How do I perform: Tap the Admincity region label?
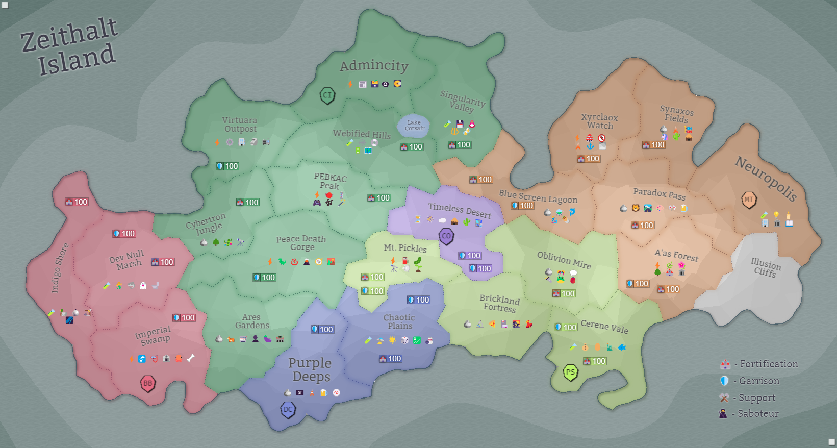tap(374, 66)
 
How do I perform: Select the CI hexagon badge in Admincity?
tap(327, 95)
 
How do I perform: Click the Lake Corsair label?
tap(414, 126)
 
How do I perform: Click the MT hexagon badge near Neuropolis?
tap(748, 200)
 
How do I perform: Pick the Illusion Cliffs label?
tap(765, 267)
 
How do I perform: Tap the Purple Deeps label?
tap(310, 369)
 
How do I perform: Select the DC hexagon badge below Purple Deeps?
tap(288, 409)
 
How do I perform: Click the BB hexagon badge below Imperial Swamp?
tap(147, 383)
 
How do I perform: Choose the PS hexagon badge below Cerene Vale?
tap(570, 372)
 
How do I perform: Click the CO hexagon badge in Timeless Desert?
tap(446, 236)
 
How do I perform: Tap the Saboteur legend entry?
tap(750, 414)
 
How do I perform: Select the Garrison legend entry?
tap(750, 381)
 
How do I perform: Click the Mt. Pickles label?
tap(405, 248)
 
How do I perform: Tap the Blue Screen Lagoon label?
tap(538, 196)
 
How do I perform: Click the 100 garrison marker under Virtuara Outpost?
tap(227, 166)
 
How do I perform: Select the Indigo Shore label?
tap(60, 268)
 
